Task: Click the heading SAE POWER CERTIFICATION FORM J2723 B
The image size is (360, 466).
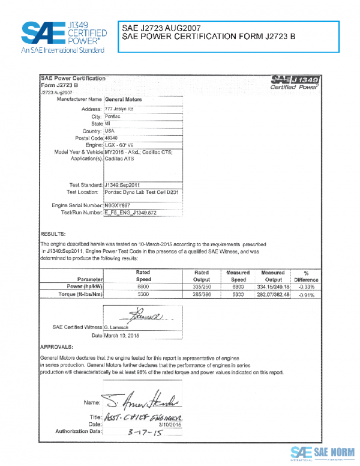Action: (208, 37)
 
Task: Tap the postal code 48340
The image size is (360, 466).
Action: (113, 138)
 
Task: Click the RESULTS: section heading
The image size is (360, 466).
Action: (52, 233)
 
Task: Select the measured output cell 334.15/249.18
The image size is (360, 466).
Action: (272, 287)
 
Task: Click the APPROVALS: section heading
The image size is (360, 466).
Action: (57, 347)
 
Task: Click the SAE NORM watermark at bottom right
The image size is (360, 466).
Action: (322, 453)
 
